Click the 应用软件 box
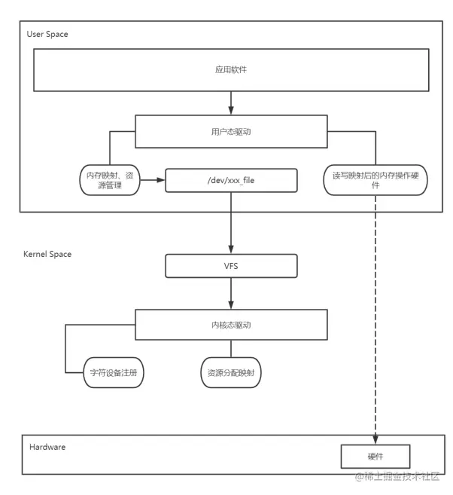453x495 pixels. [x=231, y=69]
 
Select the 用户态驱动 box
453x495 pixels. [x=231, y=130]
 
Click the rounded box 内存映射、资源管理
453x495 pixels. [x=110, y=180]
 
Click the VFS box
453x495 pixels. [x=231, y=265]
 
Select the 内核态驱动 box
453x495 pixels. [x=231, y=325]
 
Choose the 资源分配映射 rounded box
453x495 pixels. [x=231, y=372]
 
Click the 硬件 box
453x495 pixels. [x=375, y=456]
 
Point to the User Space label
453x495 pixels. [x=47, y=35]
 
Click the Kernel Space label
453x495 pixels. [x=48, y=254]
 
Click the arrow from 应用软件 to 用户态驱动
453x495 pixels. [x=231, y=101]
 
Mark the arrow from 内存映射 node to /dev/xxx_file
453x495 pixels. [x=153, y=181]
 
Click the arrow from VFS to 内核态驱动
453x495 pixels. [x=231, y=293]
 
